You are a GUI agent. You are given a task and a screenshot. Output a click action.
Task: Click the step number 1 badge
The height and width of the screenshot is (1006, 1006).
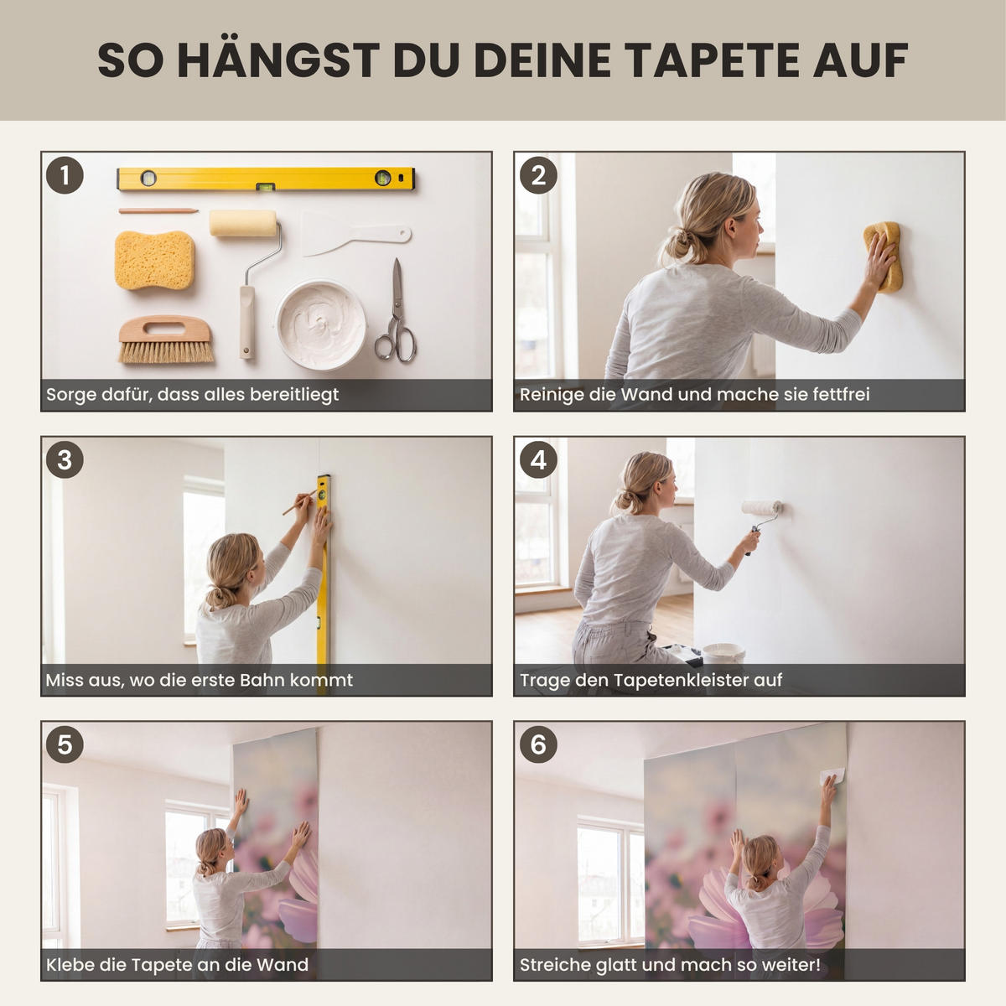[x=65, y=175]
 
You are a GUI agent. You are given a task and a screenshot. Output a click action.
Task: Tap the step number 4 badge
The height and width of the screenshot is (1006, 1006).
[x=538, y=460]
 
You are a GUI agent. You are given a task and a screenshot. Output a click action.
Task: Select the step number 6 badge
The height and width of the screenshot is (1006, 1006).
[x=538, y=744]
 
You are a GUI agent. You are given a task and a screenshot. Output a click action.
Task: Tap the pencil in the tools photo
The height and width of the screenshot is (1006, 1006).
[x=158, y=211]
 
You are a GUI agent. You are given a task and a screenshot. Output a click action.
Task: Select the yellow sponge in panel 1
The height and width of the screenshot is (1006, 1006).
[x=154, y=260]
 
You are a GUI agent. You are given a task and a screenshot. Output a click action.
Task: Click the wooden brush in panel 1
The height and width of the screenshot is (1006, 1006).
[x=166, y=339]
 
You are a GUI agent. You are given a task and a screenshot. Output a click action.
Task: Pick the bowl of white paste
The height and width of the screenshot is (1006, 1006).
[x=321, y=324]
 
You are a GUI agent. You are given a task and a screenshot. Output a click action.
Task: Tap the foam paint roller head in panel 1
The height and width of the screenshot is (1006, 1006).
[x=243, y=223]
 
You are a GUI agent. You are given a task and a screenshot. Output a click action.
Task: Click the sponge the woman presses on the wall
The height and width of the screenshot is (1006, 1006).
[x=883, y=256]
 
